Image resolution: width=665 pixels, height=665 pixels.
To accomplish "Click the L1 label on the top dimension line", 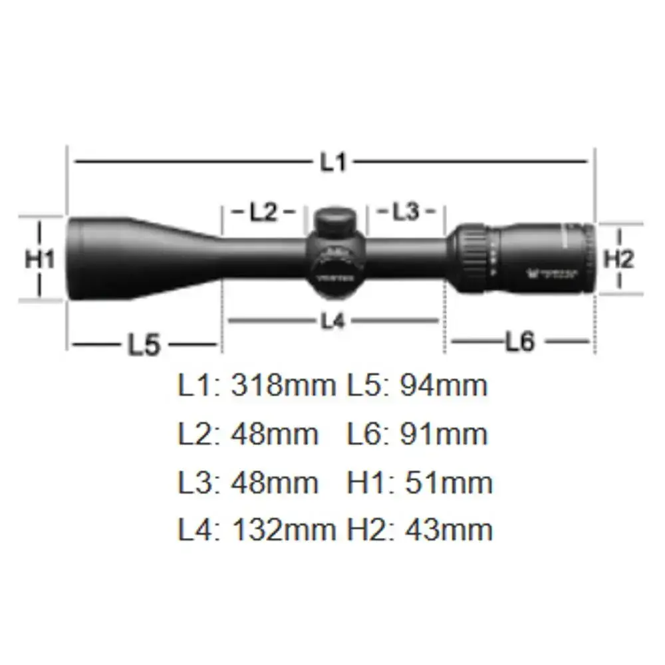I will (x=334, y=162).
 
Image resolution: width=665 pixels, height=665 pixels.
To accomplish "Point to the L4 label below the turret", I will (x=334, y=321).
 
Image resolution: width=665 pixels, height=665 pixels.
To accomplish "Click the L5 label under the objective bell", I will (x=144, y=344).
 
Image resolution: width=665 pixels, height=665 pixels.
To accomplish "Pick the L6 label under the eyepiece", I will (x=519, y=342).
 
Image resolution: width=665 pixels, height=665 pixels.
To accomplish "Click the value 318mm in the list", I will (x=283, y=386).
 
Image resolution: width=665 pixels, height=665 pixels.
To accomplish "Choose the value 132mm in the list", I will (x=283, y=530).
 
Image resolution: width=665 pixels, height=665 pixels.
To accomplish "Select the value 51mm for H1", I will (x=448, y=483).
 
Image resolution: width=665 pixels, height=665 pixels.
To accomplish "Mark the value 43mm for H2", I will (x=448, y=530).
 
